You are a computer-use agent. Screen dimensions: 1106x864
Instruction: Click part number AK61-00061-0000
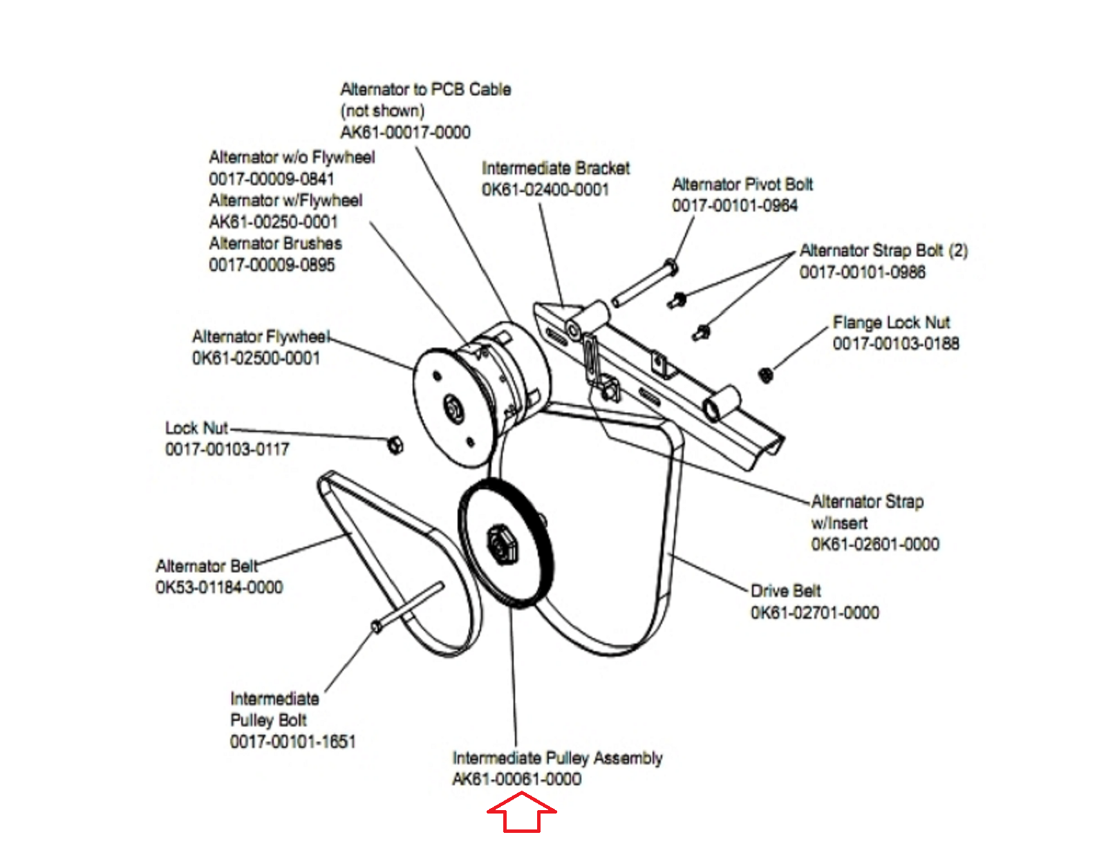pos(516,779)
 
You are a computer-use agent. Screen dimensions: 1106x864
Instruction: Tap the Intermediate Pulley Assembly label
pos(557,758)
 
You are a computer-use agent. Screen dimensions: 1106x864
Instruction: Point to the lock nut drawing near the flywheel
pos(395,446)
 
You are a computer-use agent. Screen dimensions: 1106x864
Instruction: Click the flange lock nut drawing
pos(765,375)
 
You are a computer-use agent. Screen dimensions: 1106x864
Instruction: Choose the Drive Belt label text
pos(786,591)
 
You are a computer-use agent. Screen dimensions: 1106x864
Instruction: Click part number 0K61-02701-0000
pos(815,612)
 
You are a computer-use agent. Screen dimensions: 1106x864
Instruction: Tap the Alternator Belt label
pos(207,566)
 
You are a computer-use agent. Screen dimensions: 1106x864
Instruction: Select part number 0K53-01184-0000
pos(219,588)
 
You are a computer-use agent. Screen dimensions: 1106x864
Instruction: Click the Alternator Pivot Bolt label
pos(742,184)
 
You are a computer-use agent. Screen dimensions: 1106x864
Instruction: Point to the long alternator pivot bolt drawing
pos(644,284)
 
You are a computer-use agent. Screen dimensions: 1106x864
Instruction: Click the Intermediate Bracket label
pos(556,168)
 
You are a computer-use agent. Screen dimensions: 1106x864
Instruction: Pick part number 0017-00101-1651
pos(292,742)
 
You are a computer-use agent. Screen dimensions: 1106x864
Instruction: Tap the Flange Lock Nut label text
pos(891,323)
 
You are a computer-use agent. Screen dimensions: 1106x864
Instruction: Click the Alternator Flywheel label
pos(261,337)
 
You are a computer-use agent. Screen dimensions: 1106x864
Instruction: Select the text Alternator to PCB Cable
pos(426,89)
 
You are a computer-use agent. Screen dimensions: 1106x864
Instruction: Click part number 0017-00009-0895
pos(272,265)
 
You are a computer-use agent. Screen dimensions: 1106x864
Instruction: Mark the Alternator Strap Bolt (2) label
pos(883,250)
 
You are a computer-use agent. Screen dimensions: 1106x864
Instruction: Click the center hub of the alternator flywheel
pos(453,407)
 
